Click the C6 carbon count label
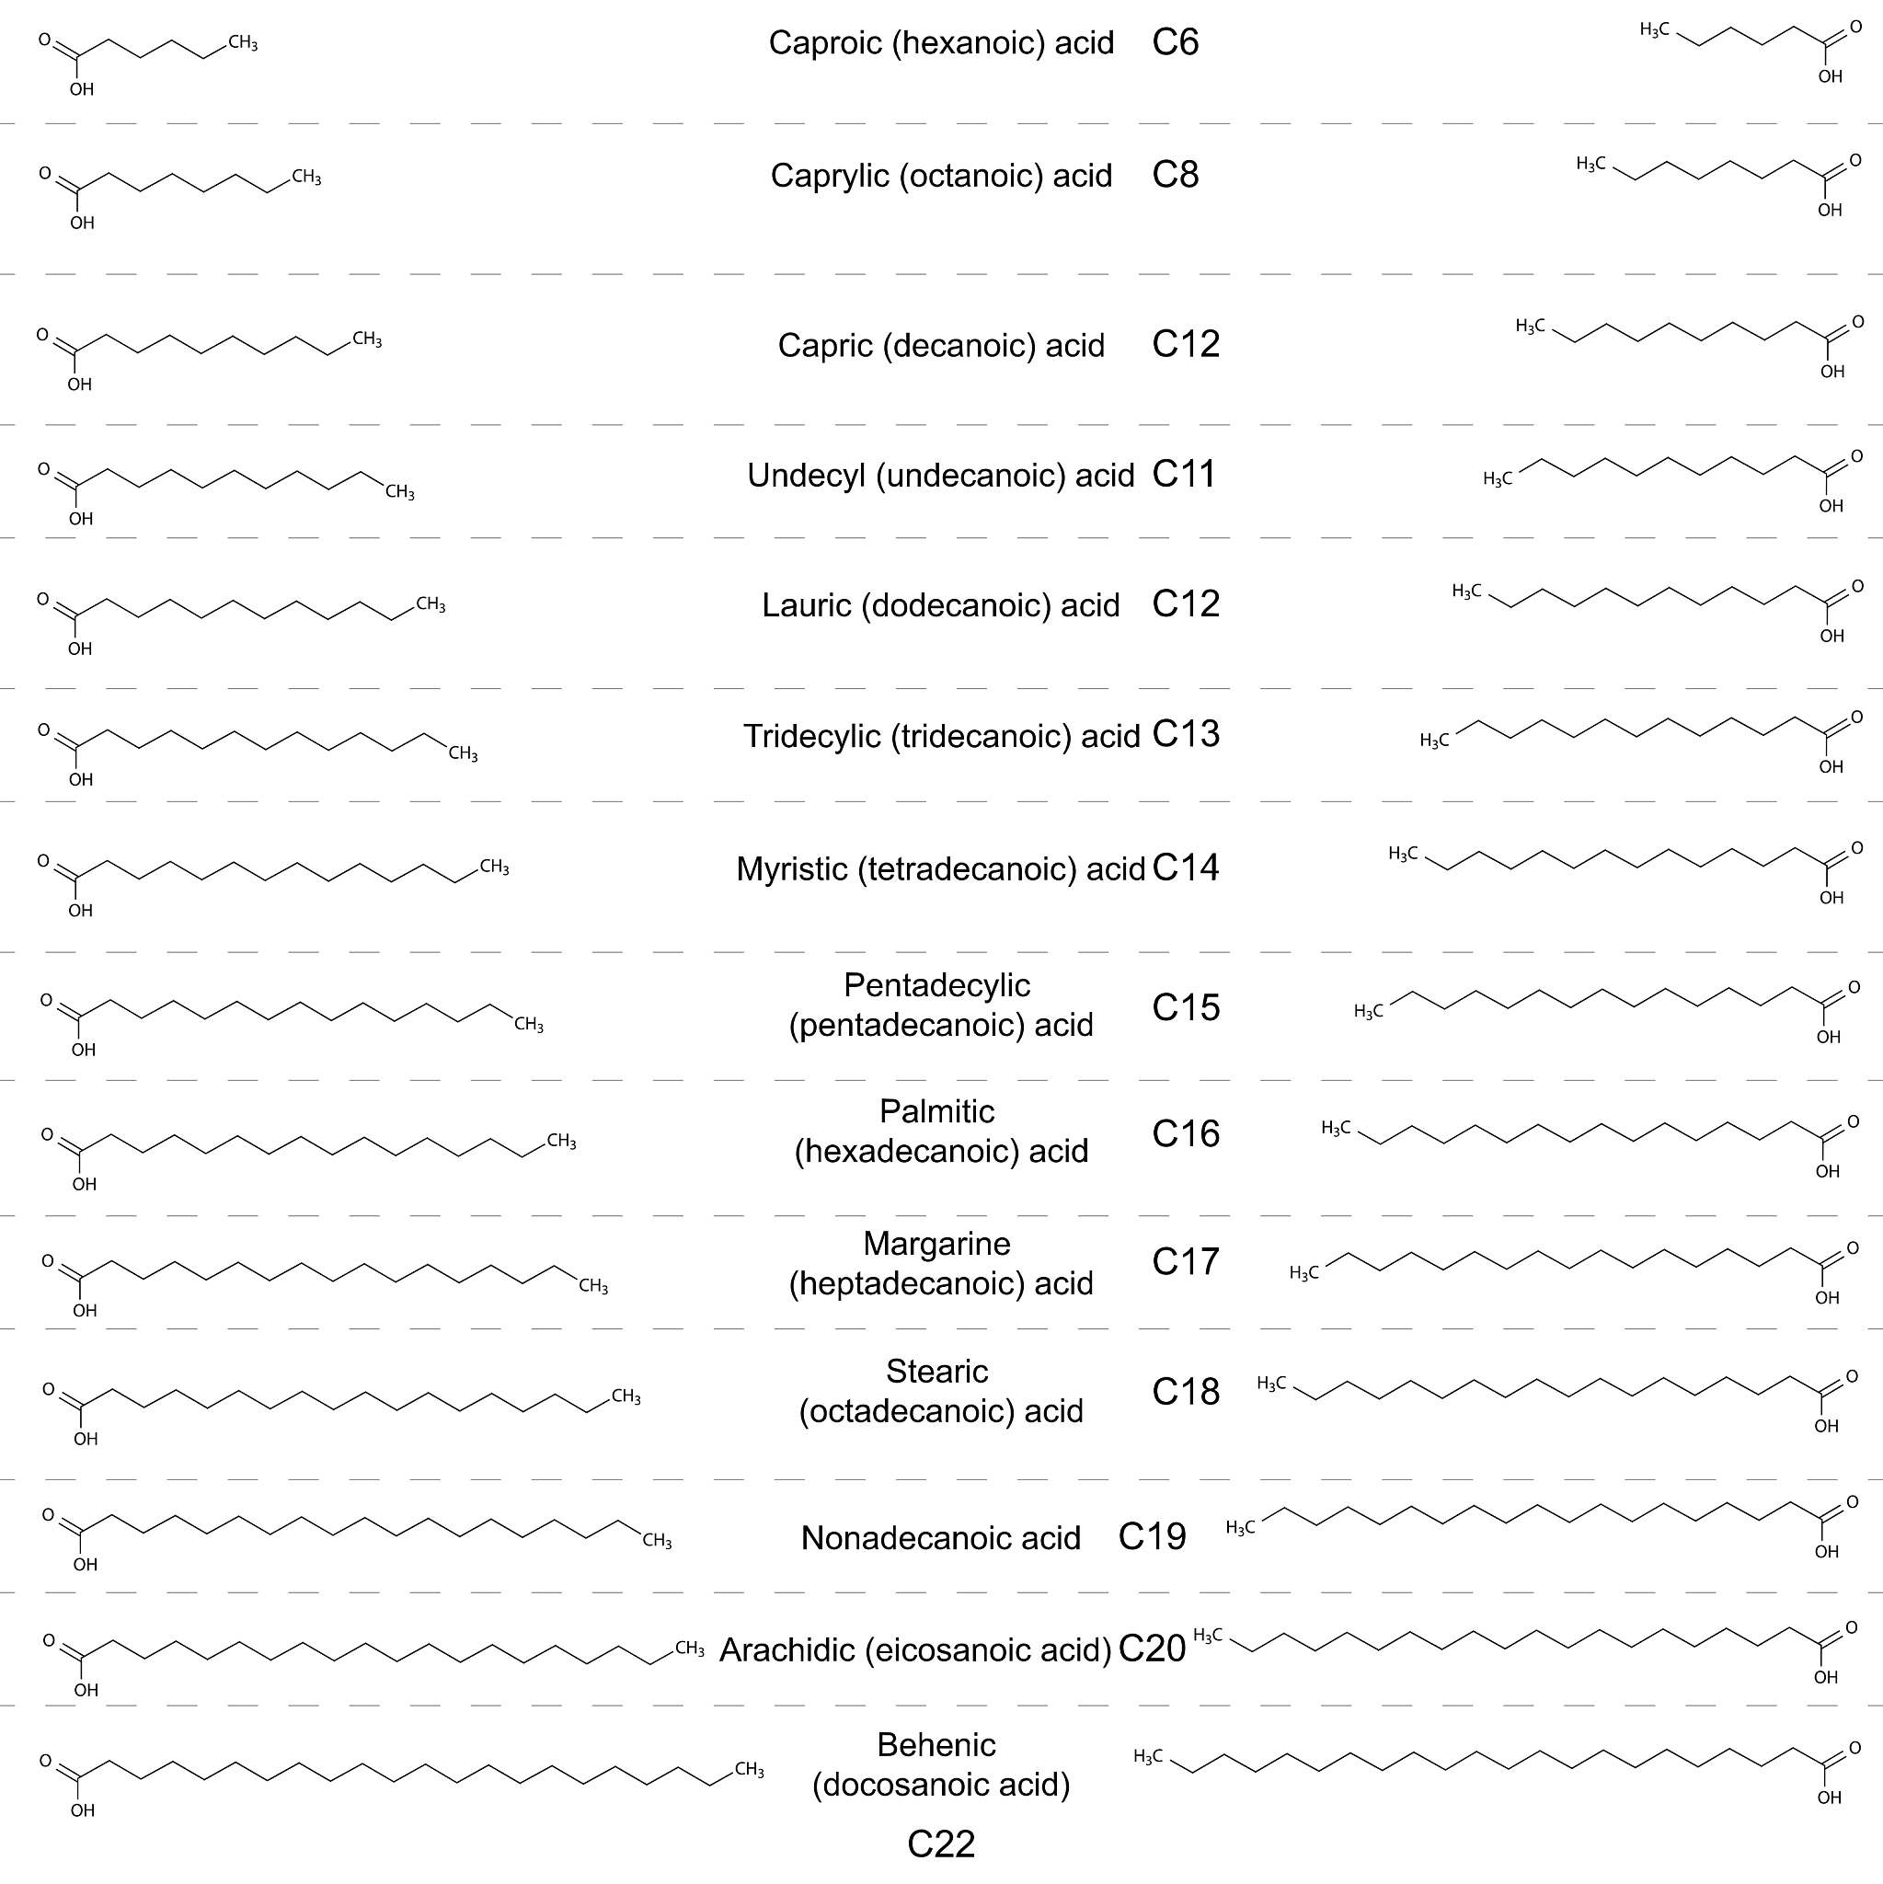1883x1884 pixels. (1175, 43)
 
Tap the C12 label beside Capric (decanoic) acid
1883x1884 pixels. (1185, 344)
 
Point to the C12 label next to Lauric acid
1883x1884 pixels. (1185, 603)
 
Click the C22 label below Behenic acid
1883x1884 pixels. (941, 1844)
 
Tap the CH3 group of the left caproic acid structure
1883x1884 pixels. (243, 44)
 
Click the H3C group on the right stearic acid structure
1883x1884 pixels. (1270, 1384)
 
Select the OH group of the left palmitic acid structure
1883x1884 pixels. (84, 1185)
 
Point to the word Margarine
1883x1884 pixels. (936, 1244)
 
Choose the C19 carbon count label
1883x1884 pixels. (1152, 1537)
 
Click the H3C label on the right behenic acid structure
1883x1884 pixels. (1148, 1756)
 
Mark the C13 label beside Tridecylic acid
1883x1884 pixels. (1185, 734)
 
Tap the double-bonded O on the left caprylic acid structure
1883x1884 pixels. (45, 174)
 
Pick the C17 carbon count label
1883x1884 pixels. (1185, 1262)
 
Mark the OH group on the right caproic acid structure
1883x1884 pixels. (1831, 77)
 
